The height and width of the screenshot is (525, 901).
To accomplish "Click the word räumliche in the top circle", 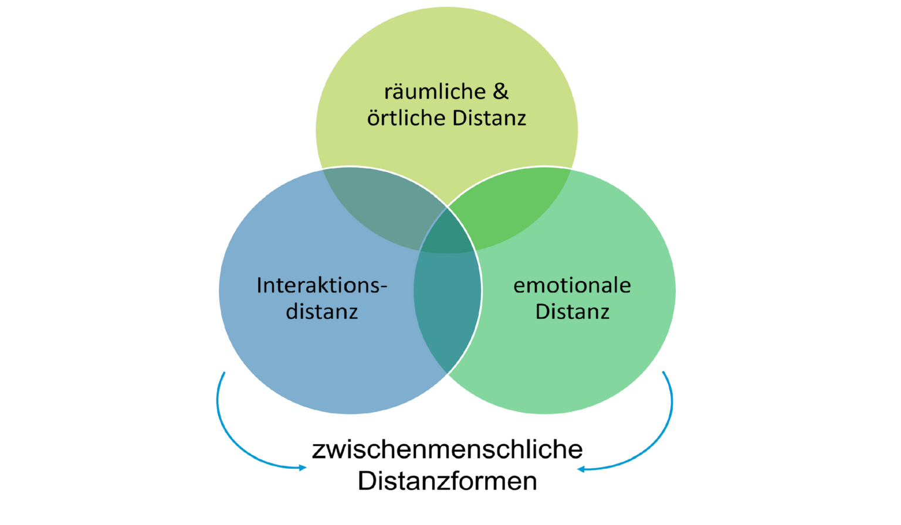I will [435, 92].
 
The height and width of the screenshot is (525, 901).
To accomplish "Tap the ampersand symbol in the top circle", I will [500, 91].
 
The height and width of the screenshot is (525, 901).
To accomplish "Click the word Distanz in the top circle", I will [489, 118].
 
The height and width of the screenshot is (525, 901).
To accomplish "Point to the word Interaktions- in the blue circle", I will [322, 285].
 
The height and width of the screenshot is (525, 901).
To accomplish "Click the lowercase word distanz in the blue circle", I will [322, 312].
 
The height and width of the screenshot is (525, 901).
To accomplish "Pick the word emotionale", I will [572, 285].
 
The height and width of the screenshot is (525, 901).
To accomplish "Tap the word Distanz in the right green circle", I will [572, 312].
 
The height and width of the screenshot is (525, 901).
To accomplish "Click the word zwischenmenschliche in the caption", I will [447, 450].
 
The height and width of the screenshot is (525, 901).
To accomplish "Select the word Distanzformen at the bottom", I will [447, 481].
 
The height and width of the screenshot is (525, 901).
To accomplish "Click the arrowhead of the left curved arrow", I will [303, 468].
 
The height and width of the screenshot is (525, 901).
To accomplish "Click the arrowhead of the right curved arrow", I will [581, 469].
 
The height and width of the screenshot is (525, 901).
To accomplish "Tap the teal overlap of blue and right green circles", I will [447, 305].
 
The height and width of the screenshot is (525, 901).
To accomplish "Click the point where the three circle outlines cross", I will [447, 207].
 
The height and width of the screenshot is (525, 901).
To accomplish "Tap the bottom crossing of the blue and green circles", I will [447, 373].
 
